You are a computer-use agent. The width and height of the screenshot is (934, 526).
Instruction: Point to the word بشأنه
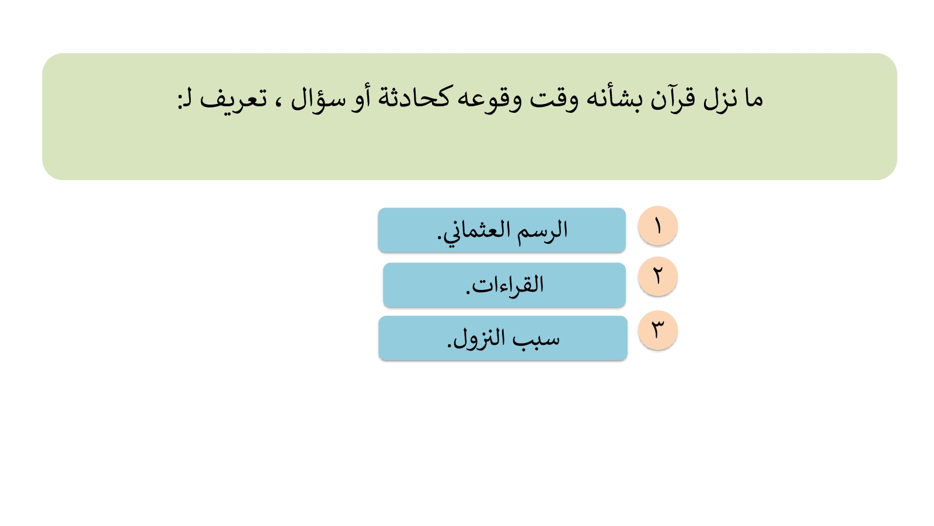click(x=613, y=99)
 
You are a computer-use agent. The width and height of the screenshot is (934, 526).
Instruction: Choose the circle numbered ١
click(x=657, y=226)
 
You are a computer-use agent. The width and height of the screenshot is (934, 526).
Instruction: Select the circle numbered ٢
click(x=657, y=276)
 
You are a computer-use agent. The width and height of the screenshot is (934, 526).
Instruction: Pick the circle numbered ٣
click(x=657, y=330)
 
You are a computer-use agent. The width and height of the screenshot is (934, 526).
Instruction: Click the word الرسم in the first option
click(x=542, y=230)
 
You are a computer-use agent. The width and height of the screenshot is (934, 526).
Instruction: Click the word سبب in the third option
click(x=535, y=339)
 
